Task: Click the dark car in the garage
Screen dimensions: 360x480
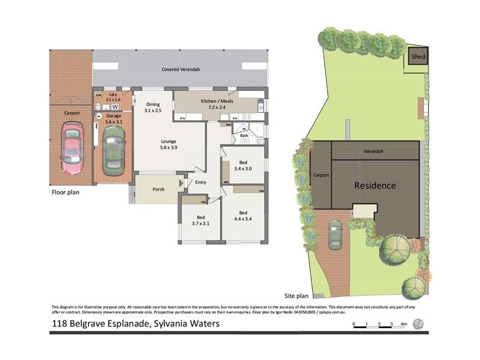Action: pos(112,152)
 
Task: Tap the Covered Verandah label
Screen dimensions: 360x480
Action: pos(181,70)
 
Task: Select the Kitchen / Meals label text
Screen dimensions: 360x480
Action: pos(218,101)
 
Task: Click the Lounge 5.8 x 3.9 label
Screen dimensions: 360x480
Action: pos(167,144)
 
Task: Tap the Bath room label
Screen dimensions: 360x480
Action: pos(244,136)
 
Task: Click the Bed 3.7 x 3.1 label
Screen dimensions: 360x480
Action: pos(202,220)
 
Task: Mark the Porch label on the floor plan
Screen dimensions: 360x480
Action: pos(158,190)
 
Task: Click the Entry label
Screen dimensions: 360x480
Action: pos(200,182)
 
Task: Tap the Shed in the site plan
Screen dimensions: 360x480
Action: pos(418,58)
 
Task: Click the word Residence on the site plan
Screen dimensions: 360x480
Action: pos(374,185)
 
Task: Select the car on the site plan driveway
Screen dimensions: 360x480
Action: pos(335,235)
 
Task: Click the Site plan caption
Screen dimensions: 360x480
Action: pos(296,296)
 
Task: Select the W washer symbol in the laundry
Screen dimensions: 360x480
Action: pos(115,107)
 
